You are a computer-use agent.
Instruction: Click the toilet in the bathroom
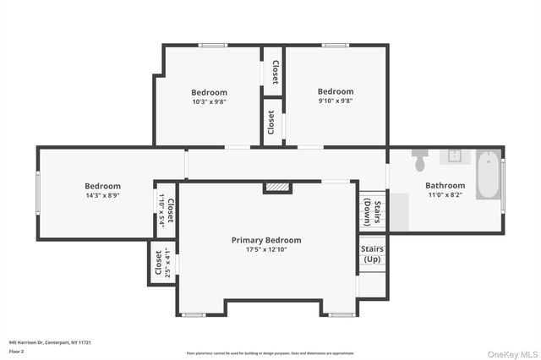[421, 160]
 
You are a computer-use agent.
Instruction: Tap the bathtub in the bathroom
[487, 175]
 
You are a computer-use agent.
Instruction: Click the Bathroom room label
[445, 186]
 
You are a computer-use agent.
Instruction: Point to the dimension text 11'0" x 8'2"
[445, 195]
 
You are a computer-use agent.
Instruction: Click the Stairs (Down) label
[372, 214]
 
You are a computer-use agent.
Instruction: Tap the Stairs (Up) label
[372, 254]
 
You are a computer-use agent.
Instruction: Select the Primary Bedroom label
[266, 240]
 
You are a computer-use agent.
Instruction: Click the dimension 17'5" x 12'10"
[266, 250]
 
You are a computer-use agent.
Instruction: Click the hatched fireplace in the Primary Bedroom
[277, 187]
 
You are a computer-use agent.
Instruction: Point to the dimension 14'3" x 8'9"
[102, 195]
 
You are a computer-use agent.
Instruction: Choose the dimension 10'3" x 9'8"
[209, 101]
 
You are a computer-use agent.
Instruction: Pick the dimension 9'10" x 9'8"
[336, 101]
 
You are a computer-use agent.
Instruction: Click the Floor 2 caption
[17, 350]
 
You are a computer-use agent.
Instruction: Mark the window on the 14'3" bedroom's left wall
[37, 194]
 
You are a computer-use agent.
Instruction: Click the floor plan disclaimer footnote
[270, 352]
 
